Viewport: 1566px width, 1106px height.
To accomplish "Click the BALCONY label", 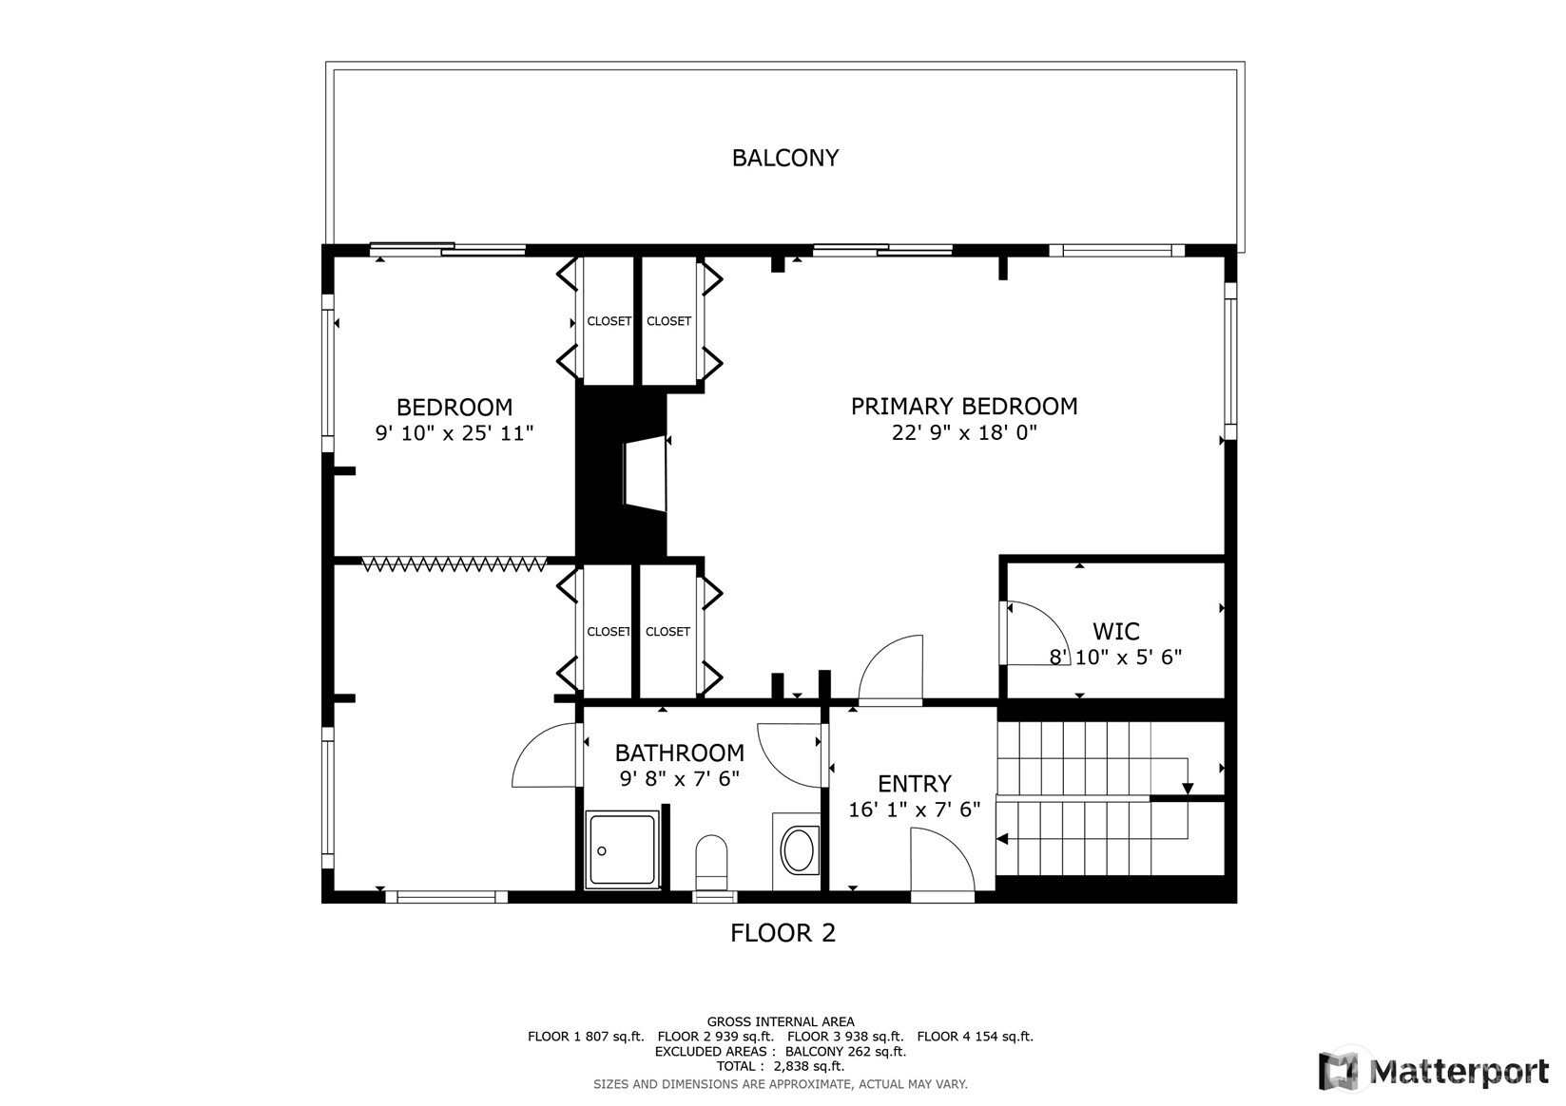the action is (x=785, y=158).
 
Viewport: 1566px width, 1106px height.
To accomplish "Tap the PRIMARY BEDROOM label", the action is (x=964, y=406).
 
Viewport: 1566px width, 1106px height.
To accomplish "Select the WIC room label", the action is (x=1115, y=631).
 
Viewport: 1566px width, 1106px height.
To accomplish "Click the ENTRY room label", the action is (x=915, y=783).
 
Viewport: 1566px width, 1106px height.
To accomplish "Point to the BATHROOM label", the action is (x=680, y=753).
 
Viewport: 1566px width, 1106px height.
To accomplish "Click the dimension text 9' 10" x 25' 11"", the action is (x=454, y=433).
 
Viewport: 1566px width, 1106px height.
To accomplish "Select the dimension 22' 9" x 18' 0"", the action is (x=964, y=432).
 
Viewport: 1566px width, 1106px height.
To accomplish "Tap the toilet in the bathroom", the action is (x=712, y=862).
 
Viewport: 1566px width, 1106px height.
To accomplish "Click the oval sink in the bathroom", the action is (x=797, y=850).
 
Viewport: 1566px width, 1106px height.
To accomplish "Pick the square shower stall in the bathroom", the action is (x=622, y=849).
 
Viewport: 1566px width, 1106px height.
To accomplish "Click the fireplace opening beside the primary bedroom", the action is (x=645, y=474).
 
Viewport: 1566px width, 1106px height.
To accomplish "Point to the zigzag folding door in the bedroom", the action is (x=454, y=563).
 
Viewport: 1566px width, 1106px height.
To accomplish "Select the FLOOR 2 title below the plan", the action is (x=783, y=933).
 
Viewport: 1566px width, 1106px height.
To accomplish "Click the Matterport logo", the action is (x=1434, y=1071).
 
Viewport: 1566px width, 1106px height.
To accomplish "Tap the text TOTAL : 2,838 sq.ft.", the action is (x=781, y=1066).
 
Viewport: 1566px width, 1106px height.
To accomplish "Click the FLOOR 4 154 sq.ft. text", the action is (x=976, y=1037).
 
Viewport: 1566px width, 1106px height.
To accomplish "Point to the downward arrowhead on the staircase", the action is (x=1188, y=789).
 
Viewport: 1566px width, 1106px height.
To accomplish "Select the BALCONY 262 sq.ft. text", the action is (x=846, y=1052).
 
